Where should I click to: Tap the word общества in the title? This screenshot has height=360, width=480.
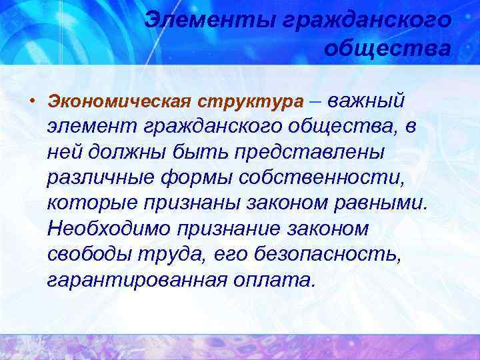point(387,48)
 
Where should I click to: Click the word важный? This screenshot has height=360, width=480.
point(366,101)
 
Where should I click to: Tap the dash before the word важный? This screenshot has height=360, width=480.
point(315,101)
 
